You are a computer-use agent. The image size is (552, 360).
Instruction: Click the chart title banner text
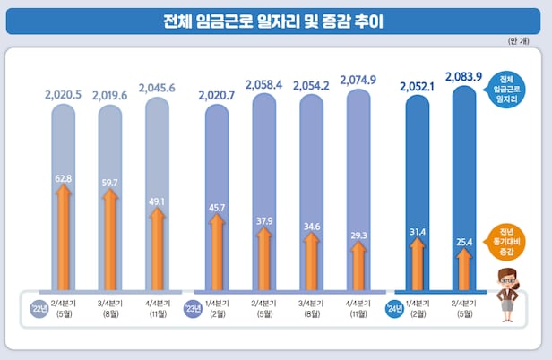(274, 20)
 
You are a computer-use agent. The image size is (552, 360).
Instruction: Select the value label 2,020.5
(64, 92)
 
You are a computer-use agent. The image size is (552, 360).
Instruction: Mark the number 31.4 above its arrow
(417, 233)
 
